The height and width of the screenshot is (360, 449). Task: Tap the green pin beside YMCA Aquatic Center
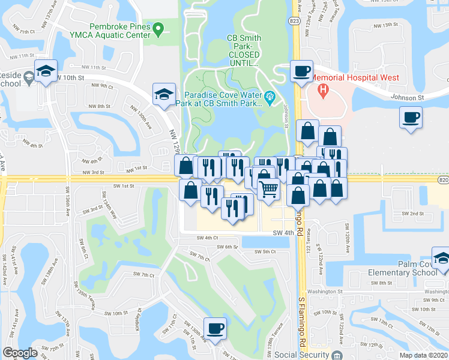[x=158, y=28]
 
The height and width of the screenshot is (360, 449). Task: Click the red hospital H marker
[x=324, y=91]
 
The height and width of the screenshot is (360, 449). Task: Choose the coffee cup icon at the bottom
[x=215, y=328]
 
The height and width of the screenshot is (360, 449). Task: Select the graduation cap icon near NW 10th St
[x=46, y=71]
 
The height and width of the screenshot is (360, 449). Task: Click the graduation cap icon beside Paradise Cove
[x=164, y=94]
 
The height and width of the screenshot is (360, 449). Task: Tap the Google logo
[x=20, y=353]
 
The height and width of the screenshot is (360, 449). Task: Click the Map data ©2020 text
[x=423, y=355]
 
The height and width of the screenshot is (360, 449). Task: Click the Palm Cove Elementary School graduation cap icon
[x=441, y=259]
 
